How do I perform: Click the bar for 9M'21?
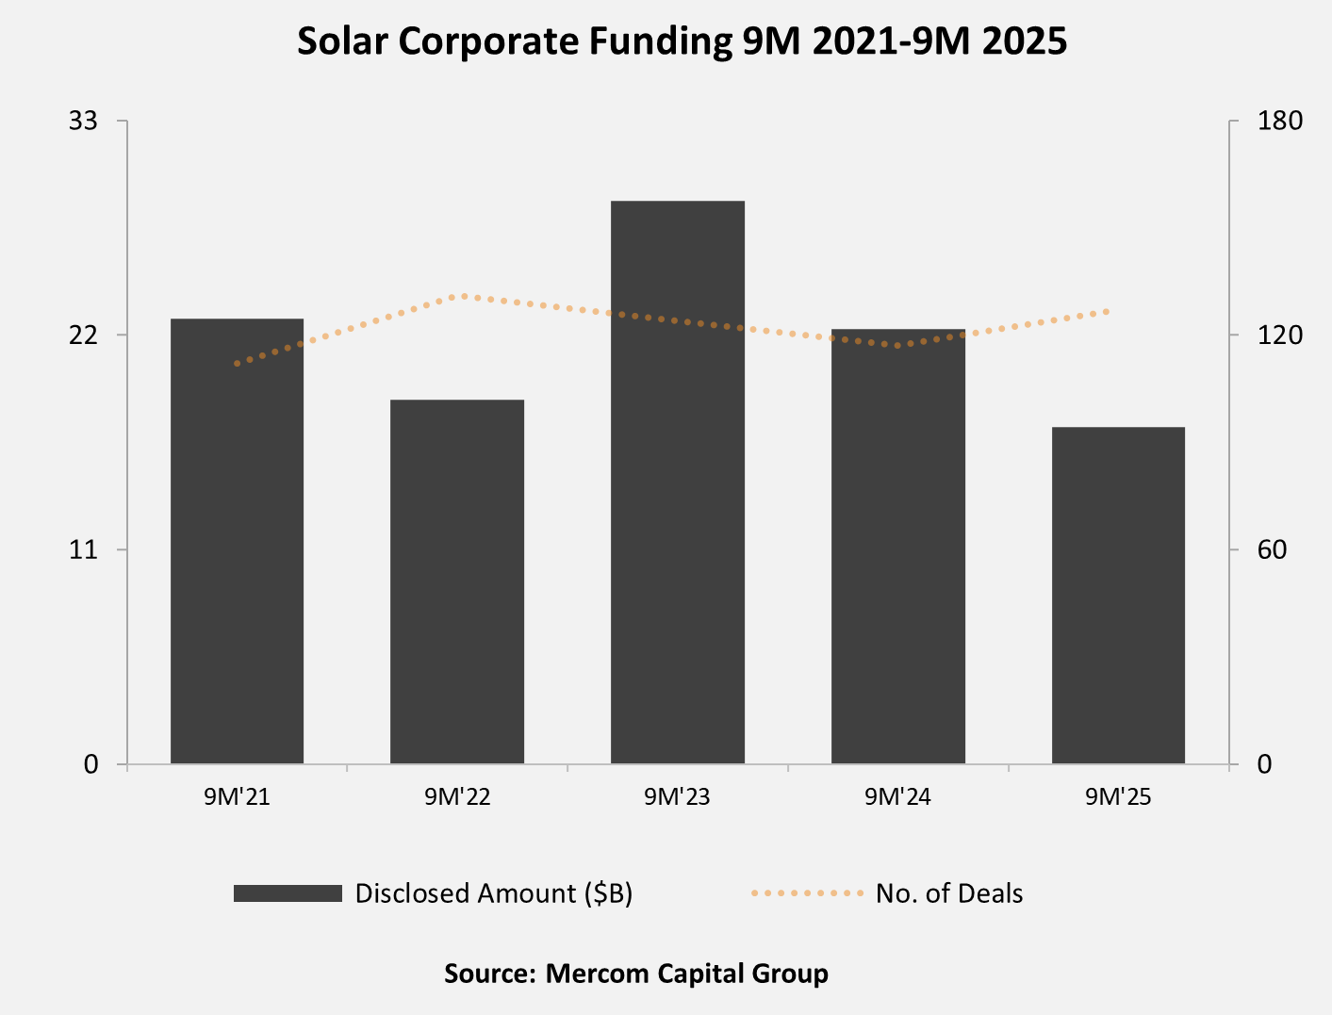(237, 541)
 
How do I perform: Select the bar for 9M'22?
(457, 581)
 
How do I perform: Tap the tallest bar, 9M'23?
(678, 482)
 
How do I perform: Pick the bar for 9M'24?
(898, 546)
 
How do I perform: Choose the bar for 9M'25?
(1118, 595)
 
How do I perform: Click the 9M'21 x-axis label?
(237, 797)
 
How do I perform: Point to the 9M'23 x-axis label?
(677, 797)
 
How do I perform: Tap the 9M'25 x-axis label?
(1118, 797)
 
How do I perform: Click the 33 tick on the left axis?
(84, 121)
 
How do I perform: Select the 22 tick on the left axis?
(84, 335)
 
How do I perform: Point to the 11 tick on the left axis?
(84, 549)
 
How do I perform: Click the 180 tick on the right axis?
(1279, 121)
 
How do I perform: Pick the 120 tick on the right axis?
(1279, 335)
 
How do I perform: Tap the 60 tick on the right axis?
(1272, 549)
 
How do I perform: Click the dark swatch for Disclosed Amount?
(288, 893)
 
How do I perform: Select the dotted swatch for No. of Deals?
(807, 893)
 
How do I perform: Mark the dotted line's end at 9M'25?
(1109, 311)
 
